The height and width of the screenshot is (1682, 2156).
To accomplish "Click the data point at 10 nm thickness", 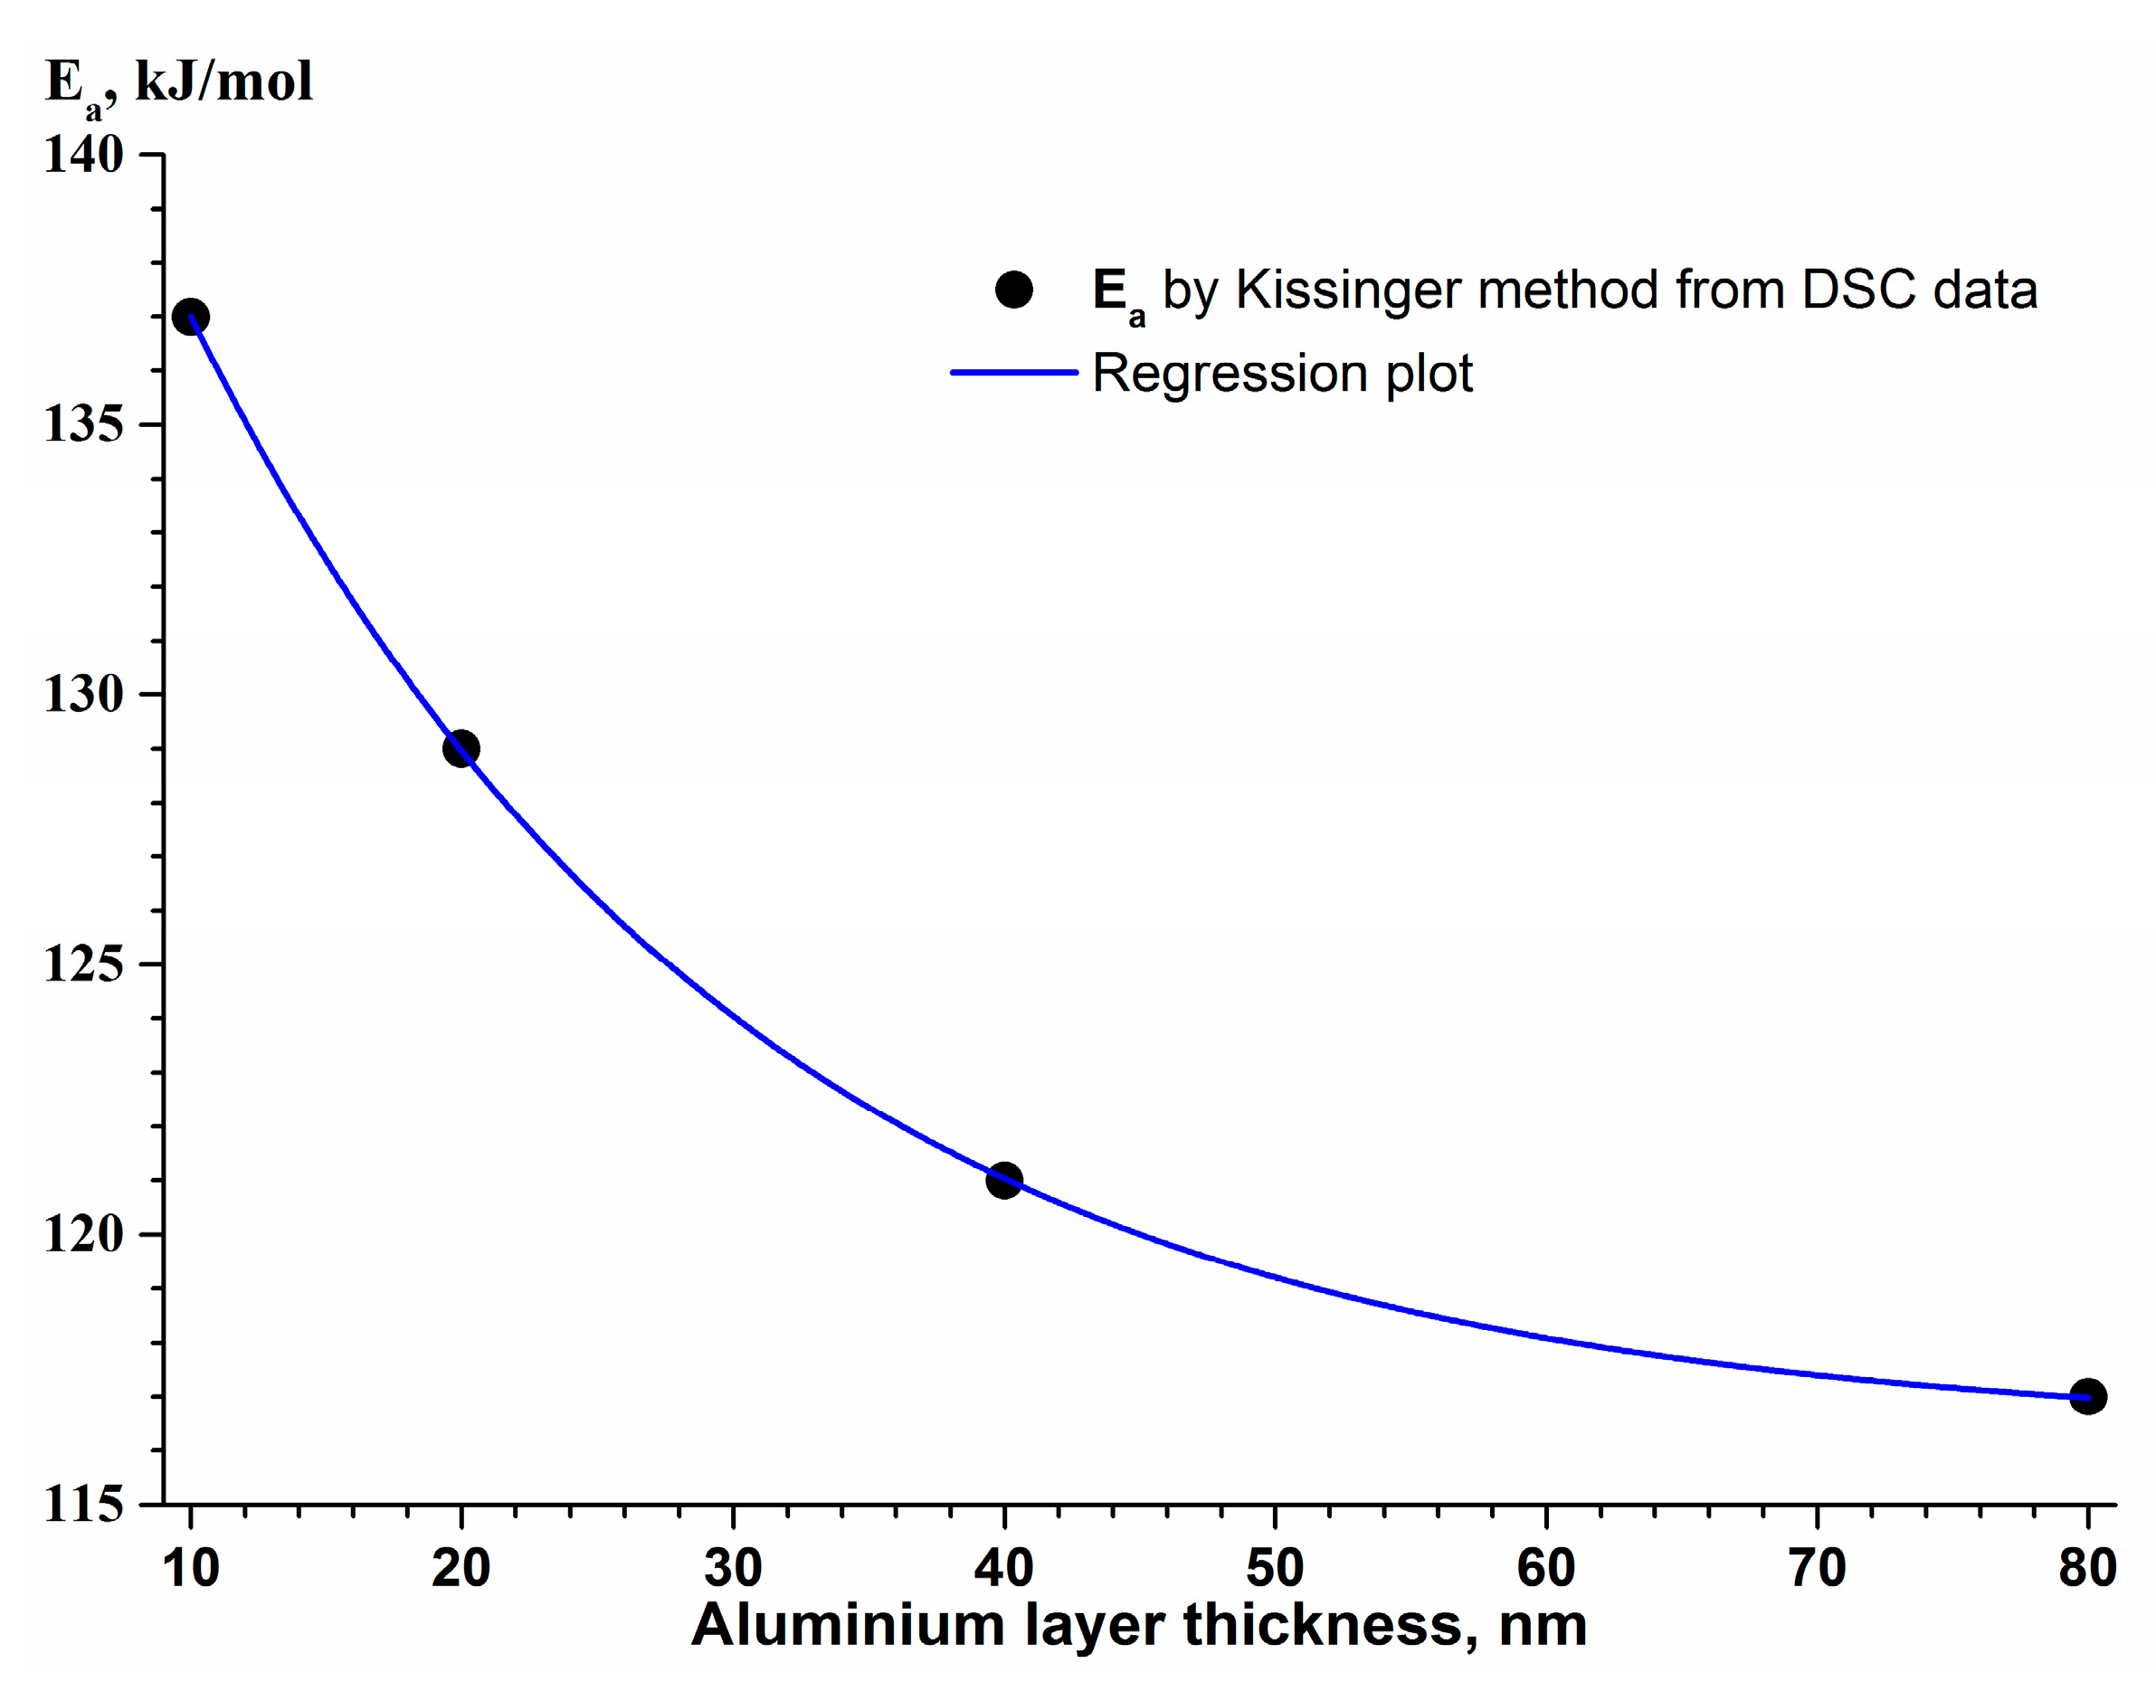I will point(191,317).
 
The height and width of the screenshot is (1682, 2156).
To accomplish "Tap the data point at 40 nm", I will point(1004,1180).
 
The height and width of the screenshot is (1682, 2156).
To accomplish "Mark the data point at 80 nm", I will point(2087,1396).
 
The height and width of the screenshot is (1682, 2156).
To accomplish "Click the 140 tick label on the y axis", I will point(83,155).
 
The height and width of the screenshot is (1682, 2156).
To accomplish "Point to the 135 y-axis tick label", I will point(83,424).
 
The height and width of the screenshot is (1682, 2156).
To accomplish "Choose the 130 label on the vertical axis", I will point(83,694).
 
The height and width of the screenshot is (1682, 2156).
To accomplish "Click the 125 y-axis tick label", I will point(83,964).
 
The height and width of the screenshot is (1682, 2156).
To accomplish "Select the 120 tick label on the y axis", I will point(83,1234).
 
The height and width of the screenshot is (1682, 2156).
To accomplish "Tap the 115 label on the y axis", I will point(83,1505).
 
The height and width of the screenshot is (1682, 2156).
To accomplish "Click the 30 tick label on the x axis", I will point(733,1567).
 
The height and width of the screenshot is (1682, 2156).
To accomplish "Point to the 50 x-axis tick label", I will point(1275,1567).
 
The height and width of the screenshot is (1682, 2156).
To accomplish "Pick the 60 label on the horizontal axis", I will point(1545,1567).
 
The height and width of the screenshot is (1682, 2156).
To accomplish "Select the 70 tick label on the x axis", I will point(1817,1567).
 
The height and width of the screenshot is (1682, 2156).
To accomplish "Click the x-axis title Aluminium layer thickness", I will point(1138,1626).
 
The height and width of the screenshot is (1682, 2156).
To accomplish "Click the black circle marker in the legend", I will point(1014,290).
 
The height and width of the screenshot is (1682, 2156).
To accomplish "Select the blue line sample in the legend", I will point(1014,372).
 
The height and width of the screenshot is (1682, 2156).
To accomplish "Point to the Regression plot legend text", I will point(1281,374).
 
